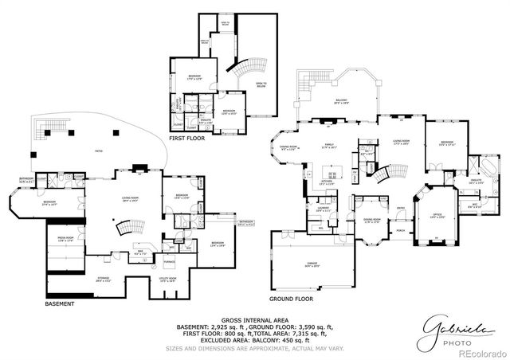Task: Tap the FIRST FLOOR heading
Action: [186, 138]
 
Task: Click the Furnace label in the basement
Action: [170, 260]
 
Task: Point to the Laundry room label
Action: [323, 209]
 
